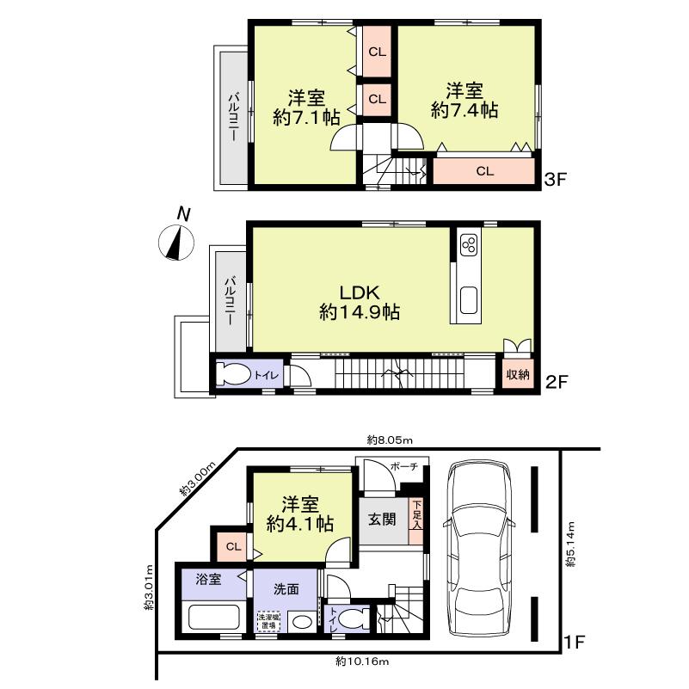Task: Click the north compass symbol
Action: click(178, 242)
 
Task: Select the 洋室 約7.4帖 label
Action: click(464, 101)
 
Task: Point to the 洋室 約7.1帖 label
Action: click(306, 108)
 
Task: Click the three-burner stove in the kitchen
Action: click(469, 245)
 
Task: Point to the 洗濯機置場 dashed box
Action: click(267, 621)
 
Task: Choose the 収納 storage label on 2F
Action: click(517, 374)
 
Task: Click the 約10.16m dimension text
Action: click(361, 661)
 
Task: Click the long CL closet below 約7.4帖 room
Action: click(485, 170)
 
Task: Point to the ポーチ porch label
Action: click(404, 466)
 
